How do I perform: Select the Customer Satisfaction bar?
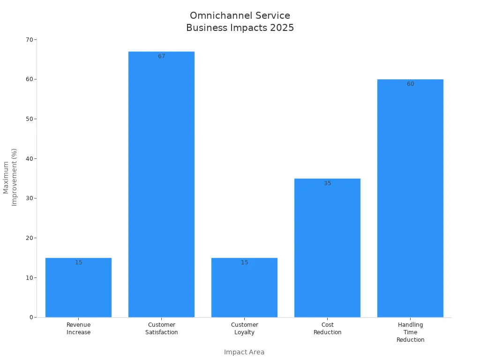(x=161, y=187)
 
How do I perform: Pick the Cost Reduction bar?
(x=327, y=248)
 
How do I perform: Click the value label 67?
(x=161, y=56)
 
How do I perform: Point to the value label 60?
(x=410, y=84)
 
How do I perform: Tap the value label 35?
(x=327, y=183)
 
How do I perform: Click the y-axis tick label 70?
(x=29, y=39)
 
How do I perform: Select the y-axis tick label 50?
(x=29, y=119)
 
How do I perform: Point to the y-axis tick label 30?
(x=29, y=198)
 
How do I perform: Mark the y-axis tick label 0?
(x=31, y=317)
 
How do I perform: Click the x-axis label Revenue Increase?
(x=78, y=328)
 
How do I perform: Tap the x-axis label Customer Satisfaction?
(x=161, y=328)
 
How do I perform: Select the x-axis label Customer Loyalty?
(x=244, y=328)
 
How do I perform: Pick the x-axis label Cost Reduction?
(x=327, y=328)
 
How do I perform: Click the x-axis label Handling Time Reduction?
(x=410, y=332)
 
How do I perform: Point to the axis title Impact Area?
(x=244, y=352)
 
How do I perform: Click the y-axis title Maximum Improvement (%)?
(x=10, y=177)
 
